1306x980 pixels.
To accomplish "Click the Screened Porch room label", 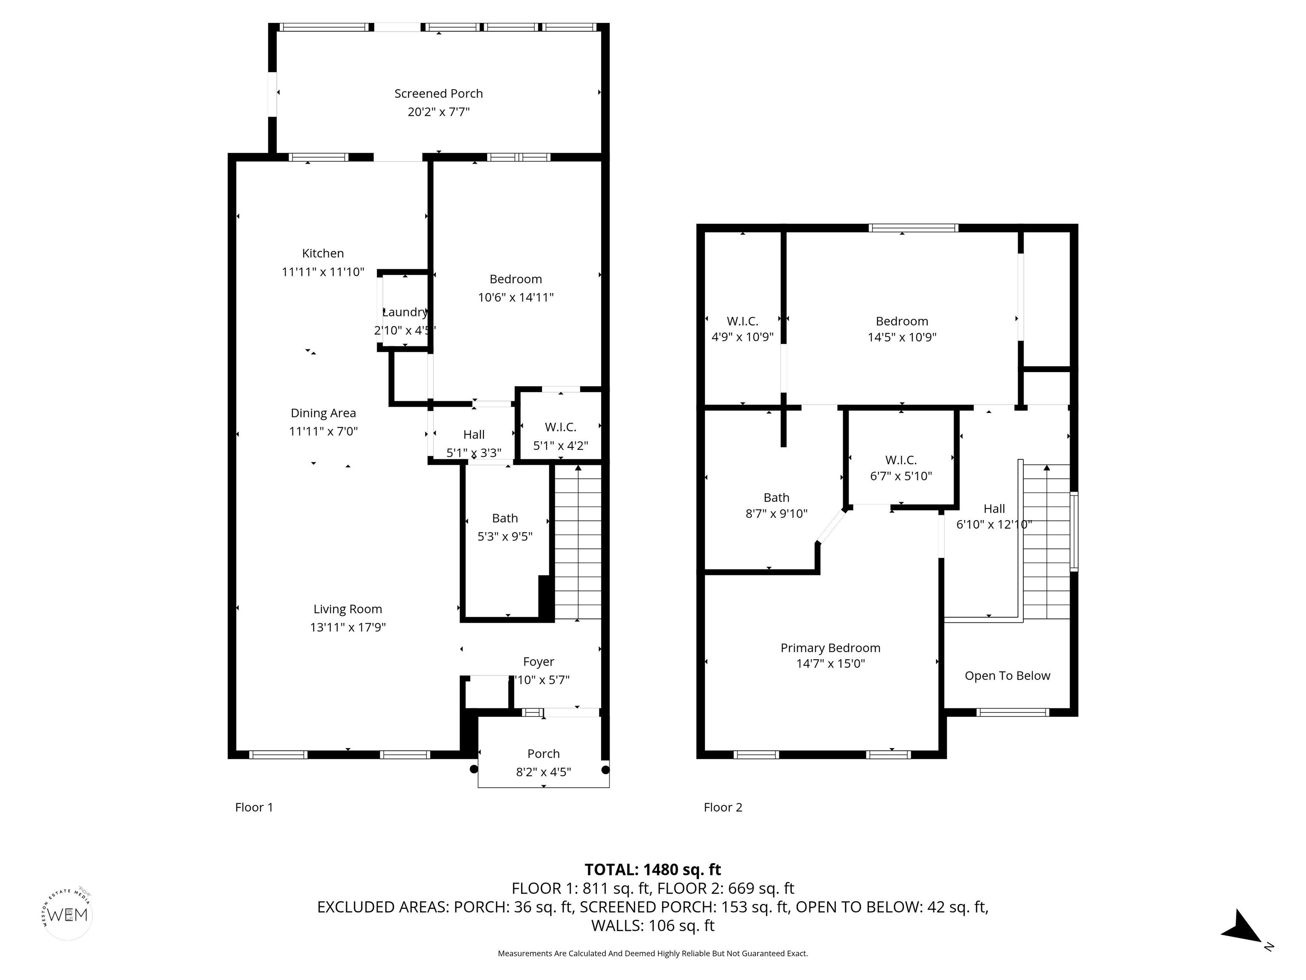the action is (439, 93).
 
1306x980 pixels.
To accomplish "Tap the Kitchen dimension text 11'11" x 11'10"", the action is (323, 272).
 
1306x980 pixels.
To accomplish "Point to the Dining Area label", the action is (323, 413).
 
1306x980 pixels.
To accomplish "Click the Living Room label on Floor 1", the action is (348, 609).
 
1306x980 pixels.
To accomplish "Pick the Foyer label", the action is (539, 661).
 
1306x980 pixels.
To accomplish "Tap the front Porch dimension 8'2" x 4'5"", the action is (543, 772).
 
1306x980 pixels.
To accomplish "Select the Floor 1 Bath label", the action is (505, 518).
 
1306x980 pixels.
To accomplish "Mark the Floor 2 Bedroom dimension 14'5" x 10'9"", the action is (902, 337).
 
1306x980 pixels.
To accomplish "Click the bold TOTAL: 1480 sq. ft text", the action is (653, 869).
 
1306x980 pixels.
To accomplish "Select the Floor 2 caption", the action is (723, 807).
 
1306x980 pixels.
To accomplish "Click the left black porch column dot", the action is (474, 769).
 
